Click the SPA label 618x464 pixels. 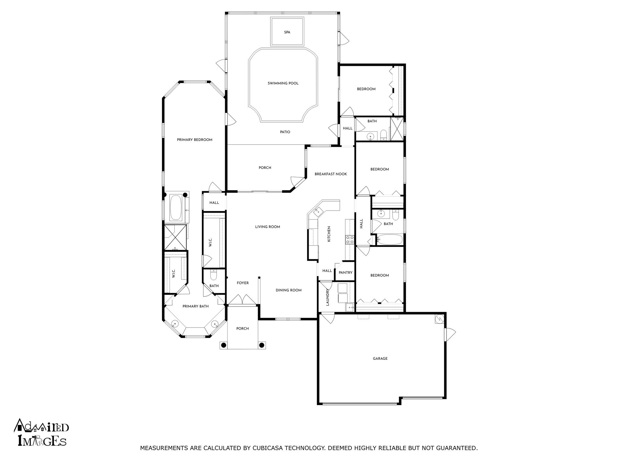287,32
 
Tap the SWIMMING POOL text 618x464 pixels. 283,83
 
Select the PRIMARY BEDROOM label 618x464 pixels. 195,140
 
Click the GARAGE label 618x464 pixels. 380,359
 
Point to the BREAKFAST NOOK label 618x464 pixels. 331,174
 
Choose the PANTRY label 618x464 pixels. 346,272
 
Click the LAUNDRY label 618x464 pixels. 328,297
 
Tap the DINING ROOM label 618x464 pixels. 288,290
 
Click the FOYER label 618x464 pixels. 243,283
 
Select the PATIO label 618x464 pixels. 285,132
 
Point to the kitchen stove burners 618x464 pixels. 350,240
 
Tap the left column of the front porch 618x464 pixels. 223,345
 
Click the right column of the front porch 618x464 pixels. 262,345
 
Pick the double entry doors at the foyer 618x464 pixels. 242,300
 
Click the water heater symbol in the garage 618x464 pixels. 439,319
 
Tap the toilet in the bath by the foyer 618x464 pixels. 214,275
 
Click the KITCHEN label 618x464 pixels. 329,234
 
